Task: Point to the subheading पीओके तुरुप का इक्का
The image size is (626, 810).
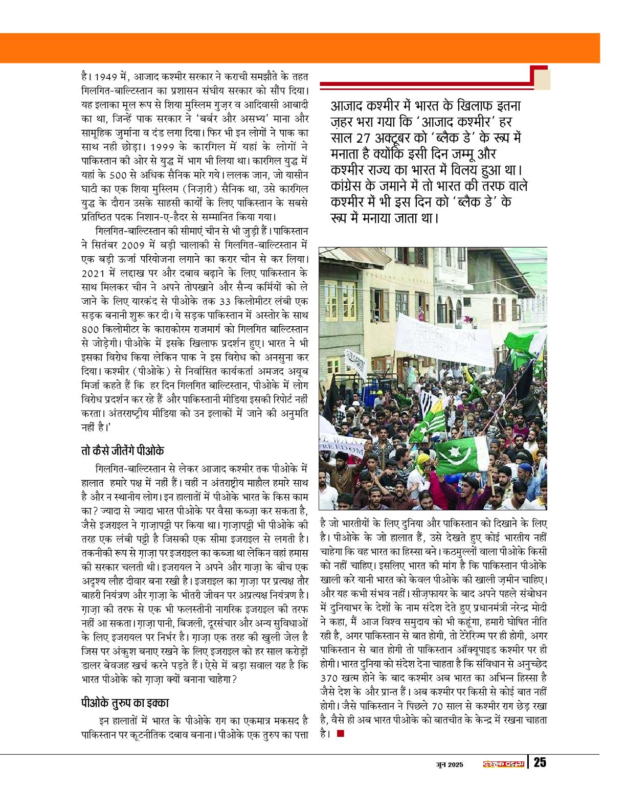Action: tap(125, 702)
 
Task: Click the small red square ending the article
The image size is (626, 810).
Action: tap(341, 734)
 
